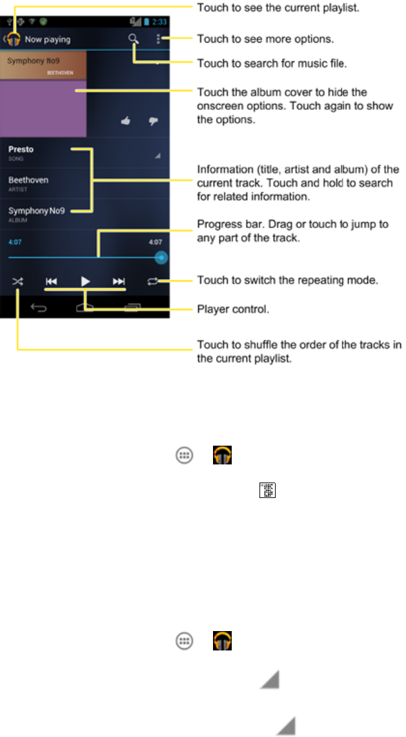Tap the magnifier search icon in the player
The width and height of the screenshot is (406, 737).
pos(133,39)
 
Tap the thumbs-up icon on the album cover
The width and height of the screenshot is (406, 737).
pos(127,120)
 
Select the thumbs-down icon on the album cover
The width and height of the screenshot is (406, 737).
pos(153,120)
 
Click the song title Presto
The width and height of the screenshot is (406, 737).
pos(21,149)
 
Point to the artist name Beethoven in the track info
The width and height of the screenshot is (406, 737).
pos(28,180)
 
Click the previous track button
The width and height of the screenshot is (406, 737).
pos(52,282)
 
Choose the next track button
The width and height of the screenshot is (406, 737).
pos(119,282)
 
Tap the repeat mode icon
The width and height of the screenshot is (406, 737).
pos(152,282)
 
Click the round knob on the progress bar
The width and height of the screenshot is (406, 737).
pos(161,257)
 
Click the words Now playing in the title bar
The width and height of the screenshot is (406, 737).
pos(48,39)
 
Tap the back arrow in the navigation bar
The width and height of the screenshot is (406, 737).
pos(39,308)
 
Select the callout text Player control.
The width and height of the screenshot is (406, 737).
pos(232,309)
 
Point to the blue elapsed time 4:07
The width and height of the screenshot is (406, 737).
pos(15,244)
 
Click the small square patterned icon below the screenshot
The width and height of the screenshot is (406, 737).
pos(267,492)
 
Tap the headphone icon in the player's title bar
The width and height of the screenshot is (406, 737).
pos(13,39)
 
